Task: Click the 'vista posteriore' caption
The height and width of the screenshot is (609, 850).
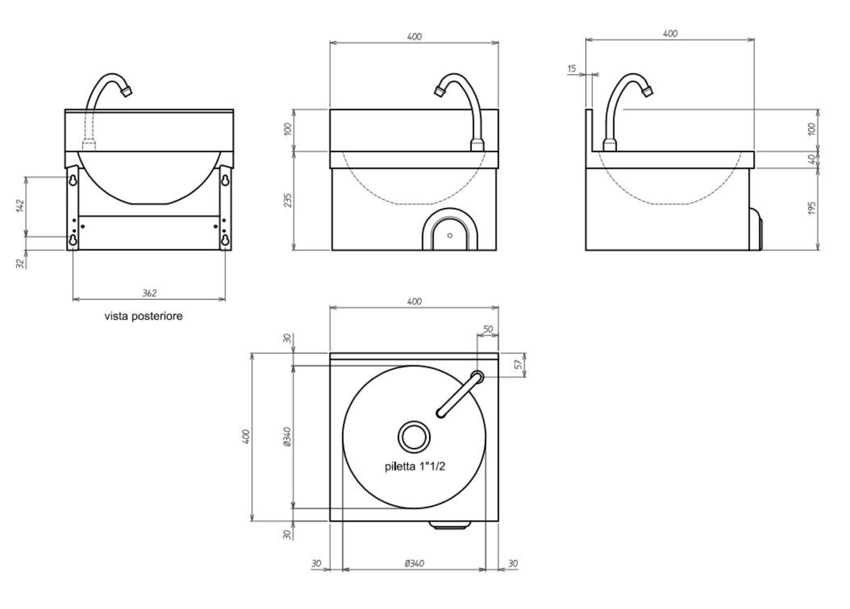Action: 144,316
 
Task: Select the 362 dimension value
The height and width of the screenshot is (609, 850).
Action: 149,293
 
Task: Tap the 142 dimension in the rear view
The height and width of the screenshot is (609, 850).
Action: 20,205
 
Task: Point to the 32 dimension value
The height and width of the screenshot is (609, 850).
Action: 20,263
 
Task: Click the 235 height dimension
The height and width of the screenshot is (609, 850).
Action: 288,200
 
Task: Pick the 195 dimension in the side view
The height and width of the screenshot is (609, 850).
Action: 812,208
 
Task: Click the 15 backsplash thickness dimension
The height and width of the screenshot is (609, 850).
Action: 572,68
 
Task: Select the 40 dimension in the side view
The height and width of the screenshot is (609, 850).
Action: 812,159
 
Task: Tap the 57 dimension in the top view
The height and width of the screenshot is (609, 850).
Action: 518,364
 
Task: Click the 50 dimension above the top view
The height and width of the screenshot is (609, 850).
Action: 488,329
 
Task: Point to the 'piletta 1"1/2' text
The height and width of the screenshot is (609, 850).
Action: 415,466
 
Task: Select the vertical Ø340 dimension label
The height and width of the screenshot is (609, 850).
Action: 288,437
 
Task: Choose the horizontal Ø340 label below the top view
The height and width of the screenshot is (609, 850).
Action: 414,563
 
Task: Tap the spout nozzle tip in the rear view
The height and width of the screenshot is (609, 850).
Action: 127,91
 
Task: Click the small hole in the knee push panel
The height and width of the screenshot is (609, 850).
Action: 450,235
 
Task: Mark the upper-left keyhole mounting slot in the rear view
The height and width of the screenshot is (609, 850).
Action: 73,180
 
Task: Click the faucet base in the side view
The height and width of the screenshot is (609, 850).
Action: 609,145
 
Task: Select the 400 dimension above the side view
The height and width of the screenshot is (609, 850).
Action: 670,34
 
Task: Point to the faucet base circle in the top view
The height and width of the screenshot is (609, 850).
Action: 477,377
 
